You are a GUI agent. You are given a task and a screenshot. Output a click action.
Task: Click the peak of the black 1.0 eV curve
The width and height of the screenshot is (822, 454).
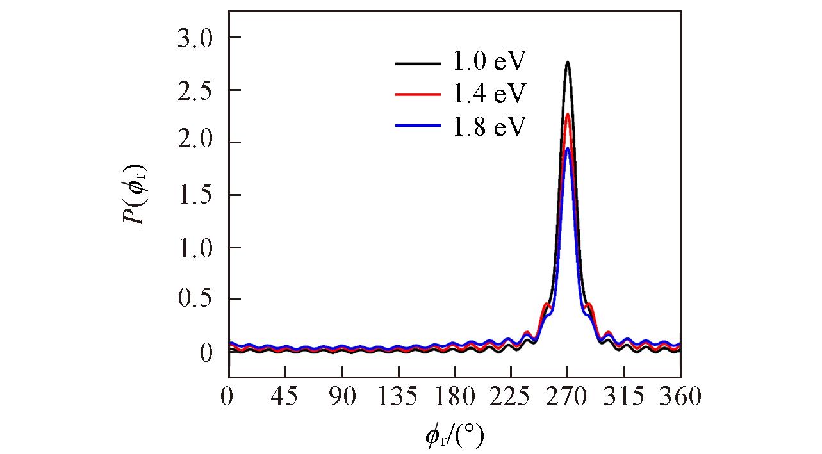coord(568,62)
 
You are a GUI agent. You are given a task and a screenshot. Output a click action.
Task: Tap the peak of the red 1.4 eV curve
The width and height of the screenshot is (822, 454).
coord(568,115)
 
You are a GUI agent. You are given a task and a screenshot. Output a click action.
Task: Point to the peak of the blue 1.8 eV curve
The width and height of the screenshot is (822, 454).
coord(568,149)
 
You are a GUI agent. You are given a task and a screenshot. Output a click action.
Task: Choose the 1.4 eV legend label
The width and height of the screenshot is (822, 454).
coord(489,94)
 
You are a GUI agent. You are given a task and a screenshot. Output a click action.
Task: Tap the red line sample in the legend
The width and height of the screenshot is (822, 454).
coord(418,95)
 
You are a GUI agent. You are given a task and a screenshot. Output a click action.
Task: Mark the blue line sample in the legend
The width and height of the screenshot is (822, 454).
coord(418,127)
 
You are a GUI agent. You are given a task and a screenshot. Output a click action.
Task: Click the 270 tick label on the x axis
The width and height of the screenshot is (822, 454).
coord(568,397)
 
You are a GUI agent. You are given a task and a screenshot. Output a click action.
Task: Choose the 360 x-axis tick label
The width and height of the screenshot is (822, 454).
coord(680,397)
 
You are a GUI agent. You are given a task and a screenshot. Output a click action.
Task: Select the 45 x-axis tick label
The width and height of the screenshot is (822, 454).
coord(285,397)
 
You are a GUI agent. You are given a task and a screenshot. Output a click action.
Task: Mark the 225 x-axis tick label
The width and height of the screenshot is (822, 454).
coord(511,397)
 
